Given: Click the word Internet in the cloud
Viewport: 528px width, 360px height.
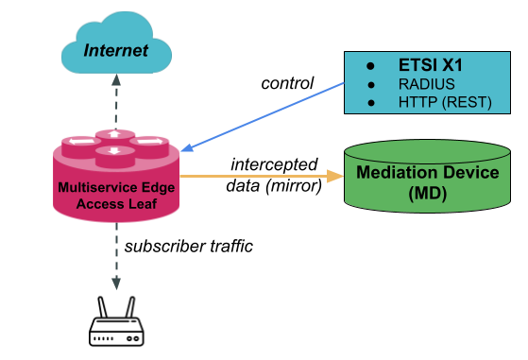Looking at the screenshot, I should [x=115, y=50].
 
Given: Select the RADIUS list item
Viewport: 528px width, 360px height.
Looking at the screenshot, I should [x=426, y=85].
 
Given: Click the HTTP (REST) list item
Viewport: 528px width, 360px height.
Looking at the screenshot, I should [x=445, y=102].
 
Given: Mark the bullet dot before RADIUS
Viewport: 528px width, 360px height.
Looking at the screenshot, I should [x=370, y=85].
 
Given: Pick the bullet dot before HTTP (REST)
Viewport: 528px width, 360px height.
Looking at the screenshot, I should [x=370, y=102].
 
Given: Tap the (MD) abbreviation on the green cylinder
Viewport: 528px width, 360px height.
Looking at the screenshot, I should [x=427, y=194].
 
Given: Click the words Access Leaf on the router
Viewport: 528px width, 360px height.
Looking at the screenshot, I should [x=114, y=203].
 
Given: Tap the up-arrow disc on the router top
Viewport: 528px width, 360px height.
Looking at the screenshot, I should [x=115, y=134].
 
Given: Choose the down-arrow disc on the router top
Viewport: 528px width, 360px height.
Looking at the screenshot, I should [x=115, y=150].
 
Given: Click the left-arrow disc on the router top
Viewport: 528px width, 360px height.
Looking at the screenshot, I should [x=81, y=143].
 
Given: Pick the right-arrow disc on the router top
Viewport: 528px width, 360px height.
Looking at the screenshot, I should [x=149, y=143].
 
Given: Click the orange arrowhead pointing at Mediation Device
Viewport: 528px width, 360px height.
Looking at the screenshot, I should [x=335, y=176].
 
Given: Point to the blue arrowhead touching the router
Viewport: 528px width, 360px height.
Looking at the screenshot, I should [x=186, y=148].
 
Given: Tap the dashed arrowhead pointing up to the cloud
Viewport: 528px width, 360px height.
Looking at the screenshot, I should [x=115, y=80].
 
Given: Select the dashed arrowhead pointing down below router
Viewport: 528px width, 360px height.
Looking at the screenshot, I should [x=115, y=283].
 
